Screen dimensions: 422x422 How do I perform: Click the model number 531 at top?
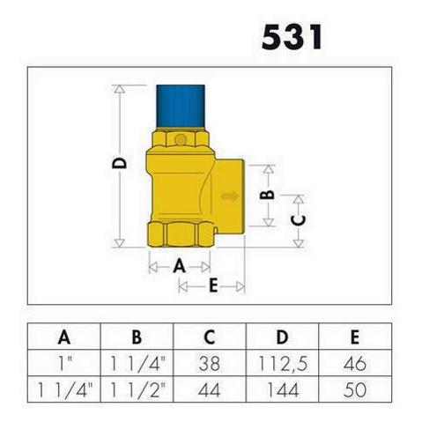(x=292, y=37)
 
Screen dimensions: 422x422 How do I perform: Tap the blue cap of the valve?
(x=181, y=107)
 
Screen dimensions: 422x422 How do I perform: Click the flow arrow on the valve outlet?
(x=230, y=196)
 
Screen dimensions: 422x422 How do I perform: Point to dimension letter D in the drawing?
(x=120, y=163)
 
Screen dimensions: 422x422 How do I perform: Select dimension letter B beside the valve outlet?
(x=268, y=195)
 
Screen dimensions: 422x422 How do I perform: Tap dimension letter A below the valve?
(x=180, y=267)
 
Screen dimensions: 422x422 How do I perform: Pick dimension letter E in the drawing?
(x=213, y=285)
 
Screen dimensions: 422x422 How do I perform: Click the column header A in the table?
(x=64, y=337)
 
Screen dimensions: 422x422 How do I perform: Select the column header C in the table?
(x=210, y=337)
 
